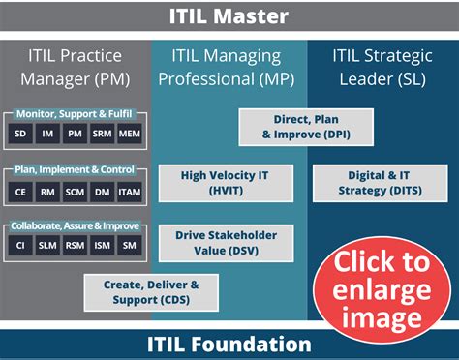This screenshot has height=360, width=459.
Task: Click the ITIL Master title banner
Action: (229, 16)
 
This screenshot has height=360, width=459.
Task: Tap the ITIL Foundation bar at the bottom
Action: (229, 344)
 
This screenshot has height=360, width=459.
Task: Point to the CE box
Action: (21, 193)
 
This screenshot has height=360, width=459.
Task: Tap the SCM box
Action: (76, 193)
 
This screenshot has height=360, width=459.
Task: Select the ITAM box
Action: (130, 193)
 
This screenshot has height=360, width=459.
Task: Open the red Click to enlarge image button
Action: (381, 289)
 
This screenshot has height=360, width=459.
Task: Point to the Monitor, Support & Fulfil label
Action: (74, 114)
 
